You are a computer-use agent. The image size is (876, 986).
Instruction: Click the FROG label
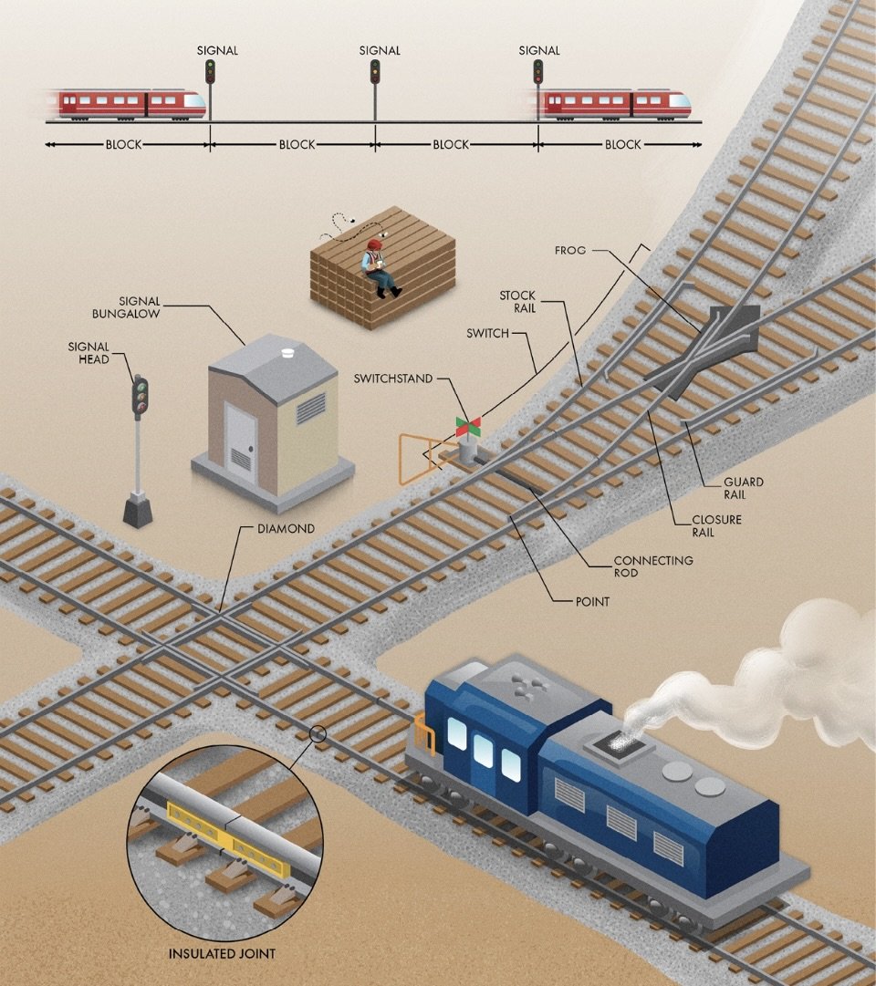tap(570, 249)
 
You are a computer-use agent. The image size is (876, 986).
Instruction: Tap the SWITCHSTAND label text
tap(393, 379)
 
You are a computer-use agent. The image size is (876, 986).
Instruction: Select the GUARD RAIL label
tap(743, 488)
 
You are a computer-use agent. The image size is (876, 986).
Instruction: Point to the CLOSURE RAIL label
tap(716, 526)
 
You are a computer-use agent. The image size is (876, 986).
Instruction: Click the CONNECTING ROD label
tap(652, 566)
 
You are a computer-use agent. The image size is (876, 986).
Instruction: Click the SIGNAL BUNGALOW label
tap(138, 307)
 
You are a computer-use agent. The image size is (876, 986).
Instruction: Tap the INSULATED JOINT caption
tap(222, 954)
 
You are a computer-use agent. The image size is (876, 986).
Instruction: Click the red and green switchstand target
tap(468, 425)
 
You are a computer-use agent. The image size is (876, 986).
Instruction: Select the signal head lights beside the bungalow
tap(140, 398)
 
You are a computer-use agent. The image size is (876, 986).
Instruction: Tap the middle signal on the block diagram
tap(374, 72)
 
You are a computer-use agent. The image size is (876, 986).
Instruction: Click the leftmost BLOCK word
tap(124, 144)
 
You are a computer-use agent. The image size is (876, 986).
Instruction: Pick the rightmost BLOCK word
tap(623, 144)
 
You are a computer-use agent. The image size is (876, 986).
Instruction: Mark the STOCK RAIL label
tap(517, 302)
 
